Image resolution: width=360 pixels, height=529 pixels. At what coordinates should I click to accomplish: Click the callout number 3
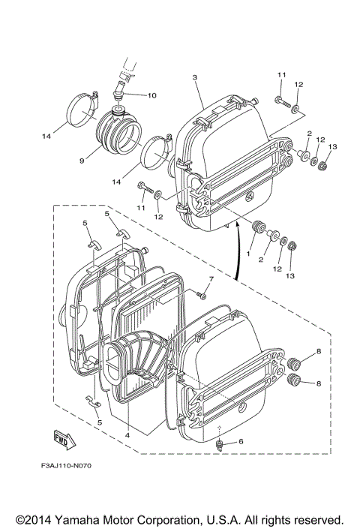click(x=194, y=78)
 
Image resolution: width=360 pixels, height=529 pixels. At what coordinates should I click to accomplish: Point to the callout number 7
click(x=211, y=279)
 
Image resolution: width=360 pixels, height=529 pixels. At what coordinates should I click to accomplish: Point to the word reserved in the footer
click(x=316, y=519)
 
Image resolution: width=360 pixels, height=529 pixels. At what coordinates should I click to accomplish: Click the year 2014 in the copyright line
click(x=37, y=519)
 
